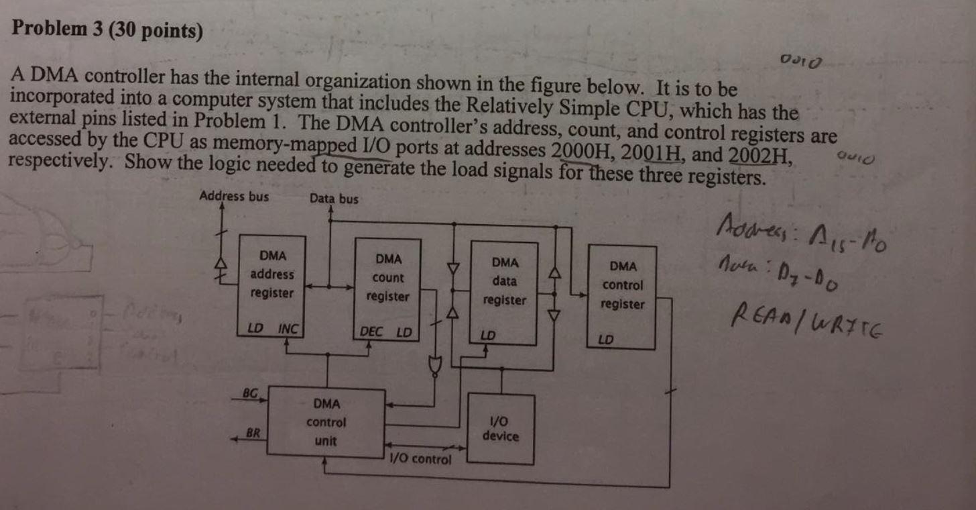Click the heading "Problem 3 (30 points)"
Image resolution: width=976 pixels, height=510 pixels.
click(x=108, y=31)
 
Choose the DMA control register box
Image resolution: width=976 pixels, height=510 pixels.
click(x=621, y=295)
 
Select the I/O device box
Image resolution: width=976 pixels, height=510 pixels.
click(x=500, y=429)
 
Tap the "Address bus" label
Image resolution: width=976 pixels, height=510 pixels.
click(x=234, y=197)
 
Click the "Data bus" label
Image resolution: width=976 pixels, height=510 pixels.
click(x=334, y=199)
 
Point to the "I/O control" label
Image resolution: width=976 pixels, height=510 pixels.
click(x=420, y=460)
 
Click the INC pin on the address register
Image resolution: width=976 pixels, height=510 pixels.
click(x=288, y=329)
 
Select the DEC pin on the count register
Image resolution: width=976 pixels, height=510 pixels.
click(x=371, y=331)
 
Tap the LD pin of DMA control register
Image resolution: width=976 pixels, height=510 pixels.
click(x=605, y=340)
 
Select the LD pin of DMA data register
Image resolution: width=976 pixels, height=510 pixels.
click(x=488, y=335)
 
